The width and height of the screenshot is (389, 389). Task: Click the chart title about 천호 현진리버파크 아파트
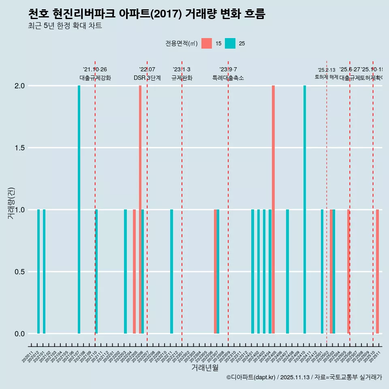[147, 14]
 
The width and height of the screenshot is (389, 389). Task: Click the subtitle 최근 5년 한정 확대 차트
[65, 26]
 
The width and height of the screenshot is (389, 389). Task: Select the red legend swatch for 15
[207, 43]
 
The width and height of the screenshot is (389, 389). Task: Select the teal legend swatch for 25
[230, 43]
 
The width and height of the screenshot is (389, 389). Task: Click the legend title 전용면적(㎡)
[181, 43]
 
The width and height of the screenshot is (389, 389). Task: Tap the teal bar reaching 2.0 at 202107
[79, 209]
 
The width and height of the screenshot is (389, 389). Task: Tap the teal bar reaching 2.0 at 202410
[305, 209]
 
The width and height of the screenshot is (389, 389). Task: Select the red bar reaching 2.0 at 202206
[140, 209]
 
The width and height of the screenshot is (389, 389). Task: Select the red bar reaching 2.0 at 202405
[274, 209]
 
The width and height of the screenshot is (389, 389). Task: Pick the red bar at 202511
[377, 271]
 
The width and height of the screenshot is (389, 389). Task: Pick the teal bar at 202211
[172, 271]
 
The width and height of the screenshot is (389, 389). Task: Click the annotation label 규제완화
[182, 78]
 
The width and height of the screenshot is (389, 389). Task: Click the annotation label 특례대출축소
[228, 78]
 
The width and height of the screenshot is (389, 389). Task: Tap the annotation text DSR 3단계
[147, 78]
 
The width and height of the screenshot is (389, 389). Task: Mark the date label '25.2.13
[326, 70]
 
